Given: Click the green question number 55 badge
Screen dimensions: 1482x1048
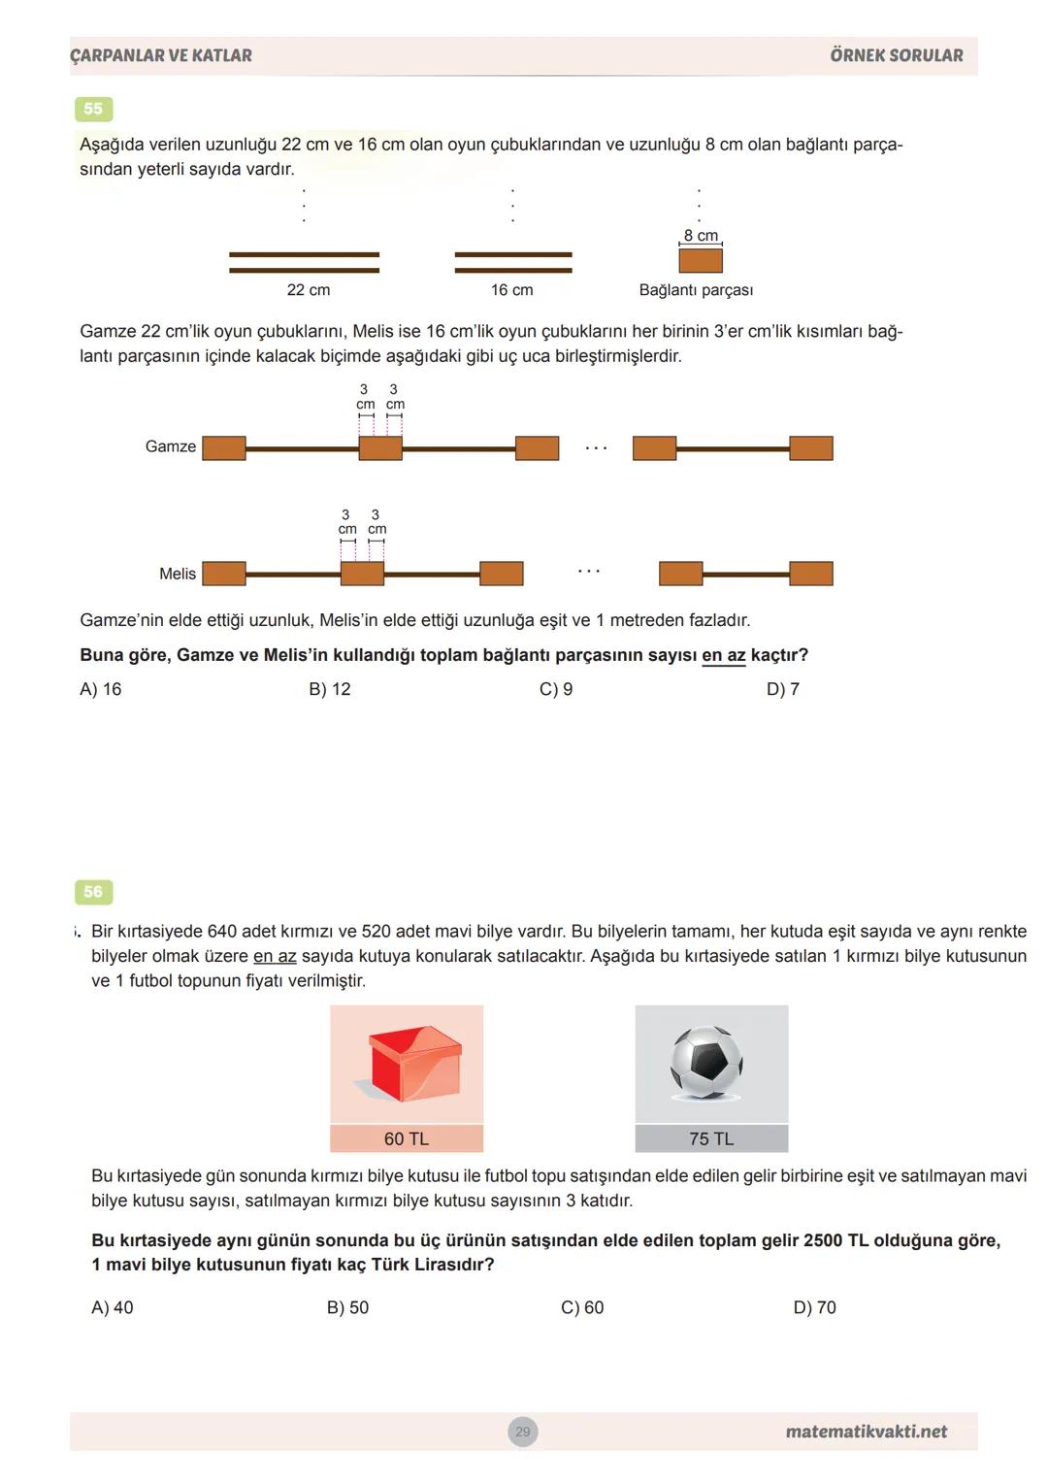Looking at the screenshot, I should [x=93, y=109].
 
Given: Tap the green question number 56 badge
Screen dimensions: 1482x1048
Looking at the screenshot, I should [x=93, y=892].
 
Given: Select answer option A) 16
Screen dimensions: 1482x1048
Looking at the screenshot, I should [x=101, y=689].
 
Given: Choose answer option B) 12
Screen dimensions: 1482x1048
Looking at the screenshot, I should [x=330, y=689].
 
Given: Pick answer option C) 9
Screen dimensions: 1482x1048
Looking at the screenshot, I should [x=556, y=689].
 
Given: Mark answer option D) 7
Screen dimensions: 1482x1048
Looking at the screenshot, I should [x=783, y=689].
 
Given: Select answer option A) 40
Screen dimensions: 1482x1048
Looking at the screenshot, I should [x=113, y=1307].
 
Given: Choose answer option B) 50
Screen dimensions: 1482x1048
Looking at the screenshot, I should [x=348, y=1307].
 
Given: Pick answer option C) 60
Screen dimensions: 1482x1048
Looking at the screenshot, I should [x=582, y=1307].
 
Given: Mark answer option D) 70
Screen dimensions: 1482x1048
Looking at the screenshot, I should [x=815, y=1307].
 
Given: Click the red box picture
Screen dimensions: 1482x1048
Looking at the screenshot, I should [x=407, y=1065].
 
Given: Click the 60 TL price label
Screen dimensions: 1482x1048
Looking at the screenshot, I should [x=407, y=1138].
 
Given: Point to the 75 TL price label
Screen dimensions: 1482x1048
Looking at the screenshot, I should [x=711, y=1138].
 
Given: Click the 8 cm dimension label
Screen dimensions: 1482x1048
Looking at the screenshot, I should [x=701, y=236].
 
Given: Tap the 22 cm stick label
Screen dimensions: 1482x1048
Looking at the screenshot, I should [x=309, y=290].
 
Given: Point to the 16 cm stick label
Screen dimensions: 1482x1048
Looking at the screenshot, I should [x=512, y=290].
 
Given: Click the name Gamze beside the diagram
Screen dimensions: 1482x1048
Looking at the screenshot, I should [x=171, y=446].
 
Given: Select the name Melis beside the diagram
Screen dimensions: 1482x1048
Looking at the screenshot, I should [x=178, y=574].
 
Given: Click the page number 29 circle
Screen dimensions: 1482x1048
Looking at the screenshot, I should [x=523, y=1432].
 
